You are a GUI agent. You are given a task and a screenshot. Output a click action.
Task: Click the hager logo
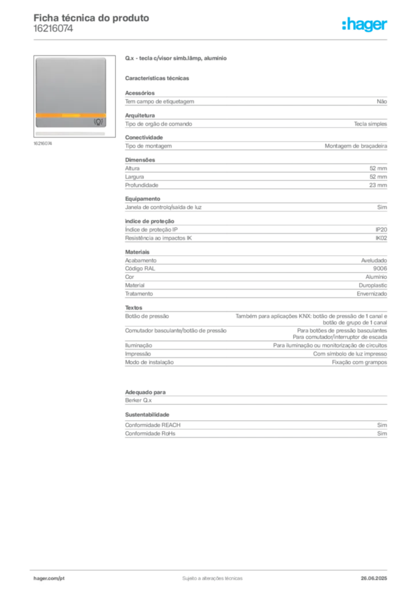[x=365, y=25]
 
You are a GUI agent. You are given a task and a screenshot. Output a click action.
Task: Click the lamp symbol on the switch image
[x=98, y=122]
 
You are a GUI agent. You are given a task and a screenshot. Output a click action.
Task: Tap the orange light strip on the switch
[x=71, y=115]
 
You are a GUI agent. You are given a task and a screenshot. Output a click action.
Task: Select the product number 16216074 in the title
[x=53, y=29]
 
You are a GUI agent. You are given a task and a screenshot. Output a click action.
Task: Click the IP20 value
[x=381, y=229]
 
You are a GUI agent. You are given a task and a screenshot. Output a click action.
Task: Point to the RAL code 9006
[x=380, y=268]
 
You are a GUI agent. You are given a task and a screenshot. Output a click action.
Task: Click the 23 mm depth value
[x=378, y=185]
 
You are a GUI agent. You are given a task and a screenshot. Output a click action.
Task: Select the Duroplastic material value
[x=373, y=285]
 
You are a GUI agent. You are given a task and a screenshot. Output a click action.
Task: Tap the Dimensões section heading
[x=140, y=160]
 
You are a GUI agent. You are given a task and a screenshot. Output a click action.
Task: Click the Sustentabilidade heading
[x=147, y=415]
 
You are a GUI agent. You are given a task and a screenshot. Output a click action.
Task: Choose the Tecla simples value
[x=370, y=124]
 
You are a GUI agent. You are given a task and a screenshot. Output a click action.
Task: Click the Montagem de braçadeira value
[x=356, y=146]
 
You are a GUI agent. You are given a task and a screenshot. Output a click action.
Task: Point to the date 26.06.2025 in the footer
[x=374, y=578]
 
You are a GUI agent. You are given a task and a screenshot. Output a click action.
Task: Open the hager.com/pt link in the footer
[x=49, y=578]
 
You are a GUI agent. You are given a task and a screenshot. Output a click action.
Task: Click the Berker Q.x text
[x=138, y=400]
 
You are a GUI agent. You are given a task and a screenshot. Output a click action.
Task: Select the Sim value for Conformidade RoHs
[x=382, y=433]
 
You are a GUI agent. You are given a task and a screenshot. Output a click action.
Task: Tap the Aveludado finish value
[x=374, y=260]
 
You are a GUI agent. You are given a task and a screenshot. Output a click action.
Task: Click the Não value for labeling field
[x=382, y=101]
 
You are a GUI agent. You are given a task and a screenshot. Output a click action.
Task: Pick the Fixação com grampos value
[x=359, y=362]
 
